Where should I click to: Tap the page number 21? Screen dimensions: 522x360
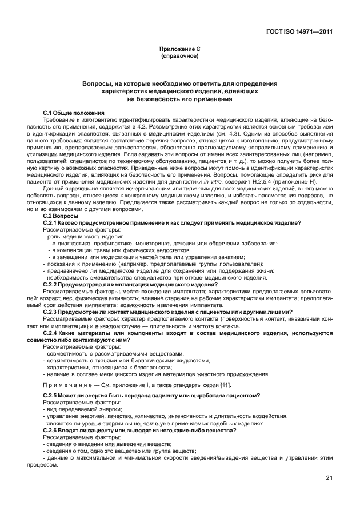tap(329, 477)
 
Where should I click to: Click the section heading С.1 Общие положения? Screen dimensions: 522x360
tap(73, 113)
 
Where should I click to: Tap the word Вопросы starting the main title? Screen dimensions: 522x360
tap(101, 83)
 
